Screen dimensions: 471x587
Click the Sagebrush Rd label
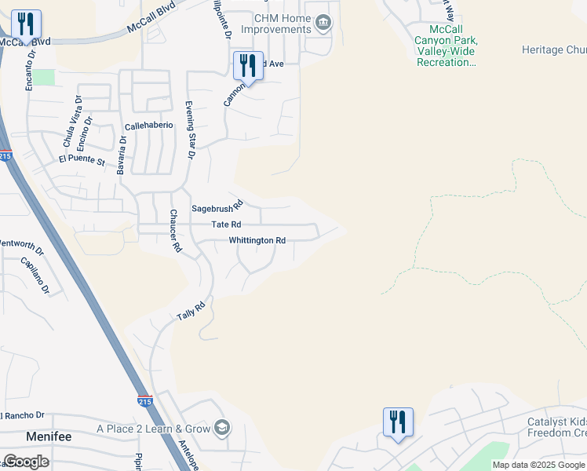tap(217, 208)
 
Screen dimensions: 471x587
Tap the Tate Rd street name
tap(225, 225)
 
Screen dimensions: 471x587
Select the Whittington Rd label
tap(257, 240)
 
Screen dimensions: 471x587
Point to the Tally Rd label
tap(190, 311)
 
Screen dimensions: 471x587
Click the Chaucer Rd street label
tap(176, 231)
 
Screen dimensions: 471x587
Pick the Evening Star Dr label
tap(190, 130)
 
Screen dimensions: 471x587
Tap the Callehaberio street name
tap(148, 126)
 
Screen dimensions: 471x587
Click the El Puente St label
tap(82, 160)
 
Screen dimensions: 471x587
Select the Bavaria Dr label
tap(122, 155)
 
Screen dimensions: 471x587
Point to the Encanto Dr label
tap(31, 71)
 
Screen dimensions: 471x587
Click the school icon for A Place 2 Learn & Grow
tap(223, 428)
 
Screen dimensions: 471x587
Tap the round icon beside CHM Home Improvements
tap(323, 24)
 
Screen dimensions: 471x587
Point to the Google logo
tap(26, 462)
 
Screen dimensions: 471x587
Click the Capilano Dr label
tap(35, 276)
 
